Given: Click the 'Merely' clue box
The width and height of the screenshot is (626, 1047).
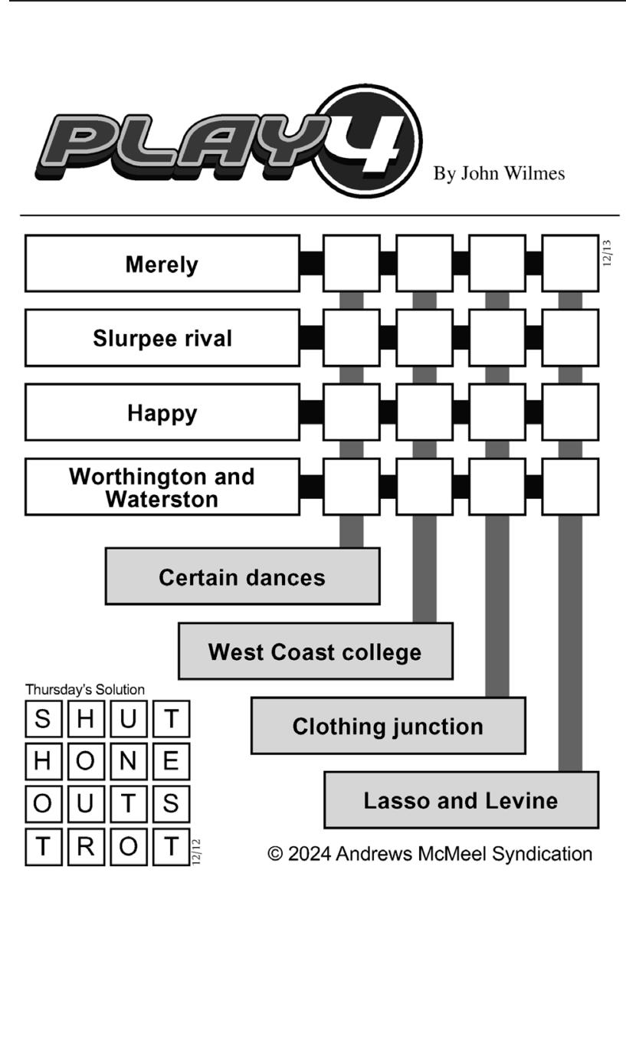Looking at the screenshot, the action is pos(162,264).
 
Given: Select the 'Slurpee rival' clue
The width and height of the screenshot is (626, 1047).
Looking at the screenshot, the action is pos(162,337).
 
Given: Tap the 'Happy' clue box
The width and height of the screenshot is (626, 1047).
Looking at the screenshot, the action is pos(162,412).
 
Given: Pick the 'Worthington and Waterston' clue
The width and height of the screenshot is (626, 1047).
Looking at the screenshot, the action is pos(162,487).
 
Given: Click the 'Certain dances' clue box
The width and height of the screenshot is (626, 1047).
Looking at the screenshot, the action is pos(242,576).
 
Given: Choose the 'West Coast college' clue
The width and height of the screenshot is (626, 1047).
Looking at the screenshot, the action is pos(316,651).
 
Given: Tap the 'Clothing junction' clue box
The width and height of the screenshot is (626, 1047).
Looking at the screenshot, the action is pos(388,725).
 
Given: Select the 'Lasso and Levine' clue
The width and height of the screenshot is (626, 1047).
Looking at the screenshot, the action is pos(461,799).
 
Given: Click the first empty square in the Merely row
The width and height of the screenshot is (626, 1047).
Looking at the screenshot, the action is pos(351,264).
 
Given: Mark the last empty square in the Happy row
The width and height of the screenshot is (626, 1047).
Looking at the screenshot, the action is pos(570,412).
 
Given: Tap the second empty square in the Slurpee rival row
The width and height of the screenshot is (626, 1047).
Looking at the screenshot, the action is pos(424,337).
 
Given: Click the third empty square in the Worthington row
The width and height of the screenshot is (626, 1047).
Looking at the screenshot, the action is pos(497,487).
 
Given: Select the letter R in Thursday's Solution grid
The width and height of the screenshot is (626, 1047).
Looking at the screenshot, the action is pos(86,846).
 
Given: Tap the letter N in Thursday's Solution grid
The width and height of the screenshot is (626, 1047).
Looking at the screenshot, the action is pos(128,761).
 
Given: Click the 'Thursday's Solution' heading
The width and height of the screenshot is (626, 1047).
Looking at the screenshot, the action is pos(85,689).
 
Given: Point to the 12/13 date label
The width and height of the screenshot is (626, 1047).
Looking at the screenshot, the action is pos(607,254).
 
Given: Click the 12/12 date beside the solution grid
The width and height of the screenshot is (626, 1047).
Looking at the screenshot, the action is pos(196,852).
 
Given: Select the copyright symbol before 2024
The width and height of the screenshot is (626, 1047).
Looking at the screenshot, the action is pos(275,854).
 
